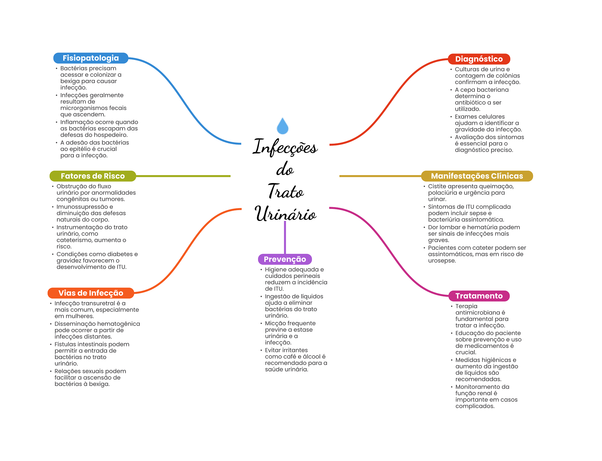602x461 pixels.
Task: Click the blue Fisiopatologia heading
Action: (x=91, y=58)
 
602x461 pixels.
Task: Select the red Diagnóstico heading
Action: (x=479, y=59)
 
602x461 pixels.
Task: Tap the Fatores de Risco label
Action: (x=93, y=176)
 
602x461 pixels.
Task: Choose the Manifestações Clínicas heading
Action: (x=477, y=176)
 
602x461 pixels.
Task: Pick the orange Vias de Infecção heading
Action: (x=91, y=293)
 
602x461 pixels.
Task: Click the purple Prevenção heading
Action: (x=285, y=259)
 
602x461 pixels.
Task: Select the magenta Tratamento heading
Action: (x=479, y=296)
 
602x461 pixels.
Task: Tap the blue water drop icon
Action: (x=282, y=126)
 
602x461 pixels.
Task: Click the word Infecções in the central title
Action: (x=285, y=147)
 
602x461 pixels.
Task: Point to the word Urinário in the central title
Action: (x=285, y=214)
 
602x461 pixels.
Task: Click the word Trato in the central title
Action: (x=285, y=191)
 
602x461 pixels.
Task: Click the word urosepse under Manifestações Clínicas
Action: (x=442, y=261)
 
